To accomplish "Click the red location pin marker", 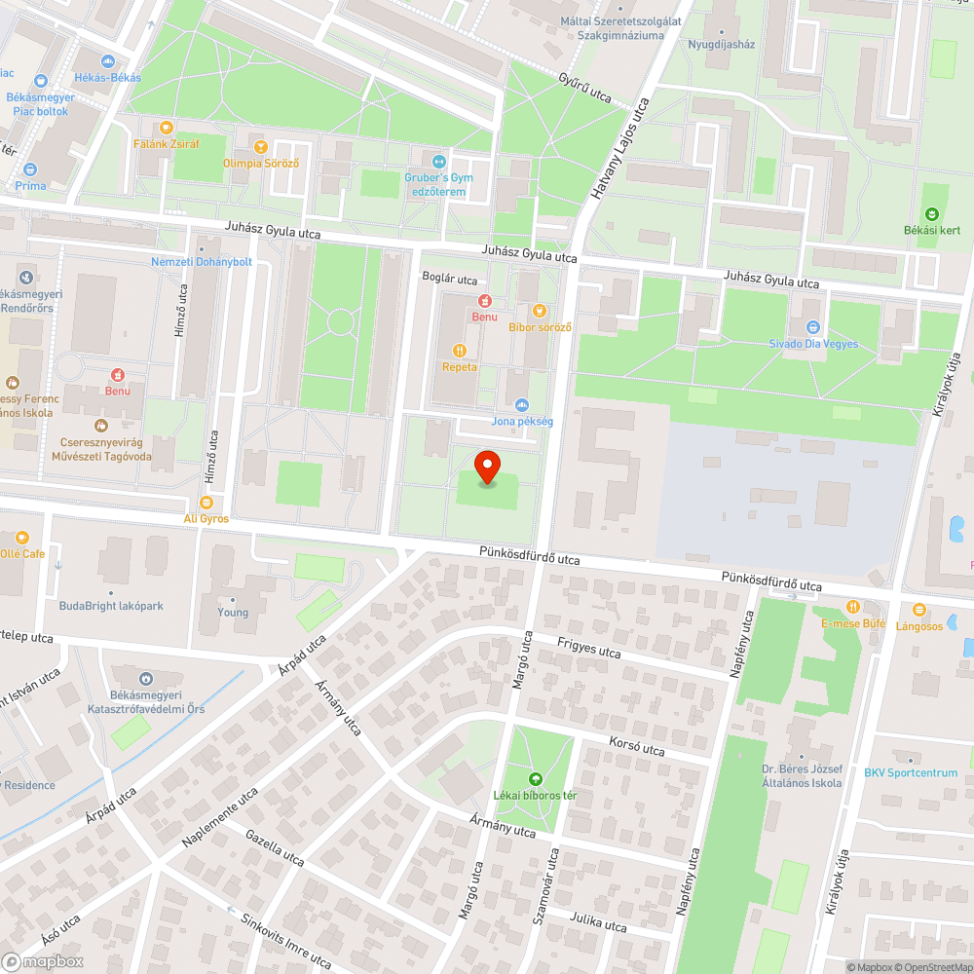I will (x=487, y=468).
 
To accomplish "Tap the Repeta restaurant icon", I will (x=460, y=351).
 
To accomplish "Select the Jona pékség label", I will (x=522, y=421).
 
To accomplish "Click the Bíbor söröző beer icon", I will (x=540, y=311).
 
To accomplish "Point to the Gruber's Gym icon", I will (x=438, y=162).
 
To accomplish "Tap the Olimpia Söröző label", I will (x=260, y=163).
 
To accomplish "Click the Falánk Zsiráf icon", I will (x=166, y=127).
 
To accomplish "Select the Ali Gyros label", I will (x=206, y=519).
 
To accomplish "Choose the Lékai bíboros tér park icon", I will (x=535, y=779).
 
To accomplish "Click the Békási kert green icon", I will (x=931, y=214).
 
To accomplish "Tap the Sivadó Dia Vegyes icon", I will (x=813, y=327).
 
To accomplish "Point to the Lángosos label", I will (x=919, y=626).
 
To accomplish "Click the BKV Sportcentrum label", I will (x=911, y=773).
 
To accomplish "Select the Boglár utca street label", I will (x=449, y=279).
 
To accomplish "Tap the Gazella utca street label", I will (x=276, y=847).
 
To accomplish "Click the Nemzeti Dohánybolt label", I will (x=202, y=262).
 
